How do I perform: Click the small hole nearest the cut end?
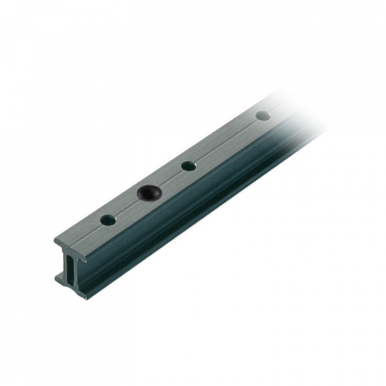click(108, 220)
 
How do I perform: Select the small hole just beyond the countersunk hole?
click(188, 166)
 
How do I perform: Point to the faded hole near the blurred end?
click(263, 115)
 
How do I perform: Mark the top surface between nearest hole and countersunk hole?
click(127, 206)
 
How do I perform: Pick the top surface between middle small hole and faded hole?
click(225, 140)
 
